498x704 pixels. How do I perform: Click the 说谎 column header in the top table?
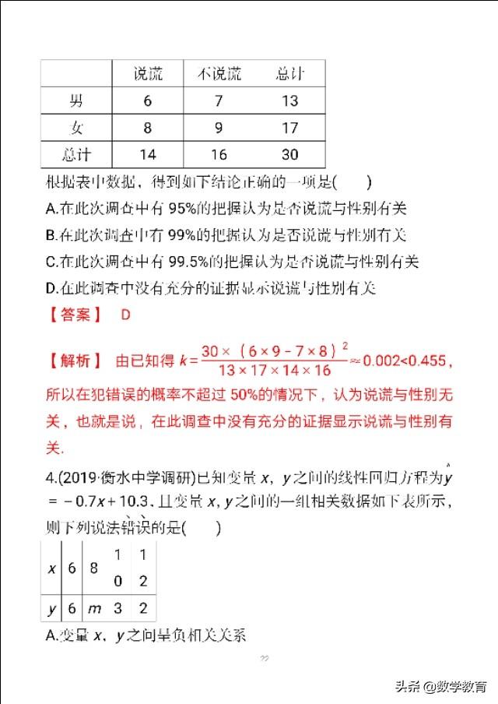(147, 74)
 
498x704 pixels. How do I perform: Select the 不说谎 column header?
(219, 74)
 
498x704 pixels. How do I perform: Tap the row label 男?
(76, 100)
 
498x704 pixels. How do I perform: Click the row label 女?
(76, 127)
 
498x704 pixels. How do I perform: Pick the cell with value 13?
(289, 100)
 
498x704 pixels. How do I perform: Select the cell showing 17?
(289, 127)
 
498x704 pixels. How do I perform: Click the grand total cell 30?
(289, 153)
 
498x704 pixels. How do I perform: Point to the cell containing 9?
(219, 127)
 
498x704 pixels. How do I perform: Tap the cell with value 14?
(147, 153)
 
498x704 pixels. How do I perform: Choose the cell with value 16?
(219, 153)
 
